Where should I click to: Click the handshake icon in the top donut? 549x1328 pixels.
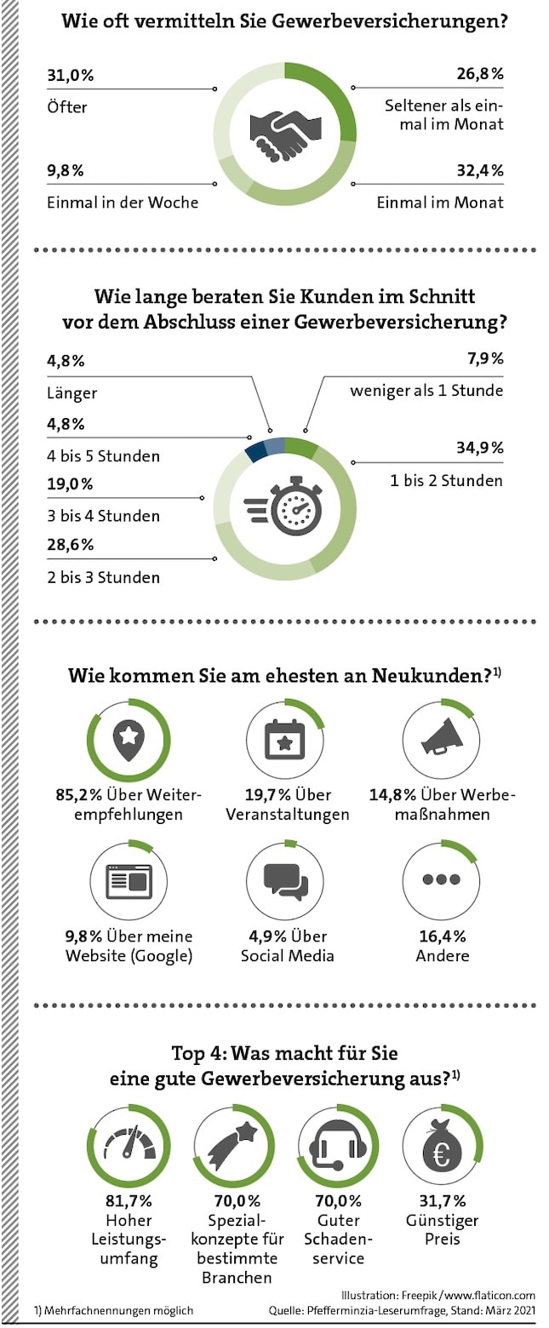pyautogui.click(x=285, y=134)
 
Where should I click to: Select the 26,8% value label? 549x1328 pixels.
pyautogui.click(x=479, y=75)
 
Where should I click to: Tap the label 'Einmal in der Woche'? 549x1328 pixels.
pyautogui.click(x=123, y=202)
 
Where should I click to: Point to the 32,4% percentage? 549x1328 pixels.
pyautogui.click(x=479, y=170)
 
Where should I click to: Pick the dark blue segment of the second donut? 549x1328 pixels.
pyautogui.click(x=254, y=450)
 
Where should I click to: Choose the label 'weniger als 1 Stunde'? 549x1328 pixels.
pyautogui.click(x=426, y=391)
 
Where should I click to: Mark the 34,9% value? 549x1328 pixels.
pyautogui.click(x=479, y=449)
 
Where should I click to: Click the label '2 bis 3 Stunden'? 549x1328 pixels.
pyautogui.click(x=103, y=577)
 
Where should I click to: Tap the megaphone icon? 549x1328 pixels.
pyautogui.click(x=443, y=738)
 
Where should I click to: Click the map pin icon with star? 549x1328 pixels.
pyautogui.click(x=129, y=738)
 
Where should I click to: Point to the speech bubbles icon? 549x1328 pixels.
pyautogui.click(x=286, y=880)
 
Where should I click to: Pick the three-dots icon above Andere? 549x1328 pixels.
pyautogui.click(x=442, y=879)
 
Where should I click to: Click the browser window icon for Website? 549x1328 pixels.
pyautogui.click(x=129, y=881)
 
